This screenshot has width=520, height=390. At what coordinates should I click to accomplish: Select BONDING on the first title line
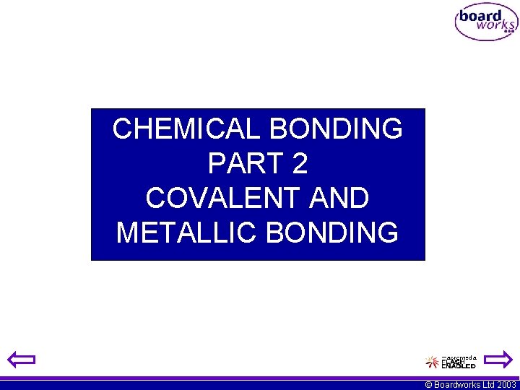point(336,129)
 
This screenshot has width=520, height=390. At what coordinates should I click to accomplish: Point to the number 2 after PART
point(300,164)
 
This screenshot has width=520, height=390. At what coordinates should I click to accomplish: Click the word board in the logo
point(480,15)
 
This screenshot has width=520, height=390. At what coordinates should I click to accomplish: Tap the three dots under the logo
point(508,32)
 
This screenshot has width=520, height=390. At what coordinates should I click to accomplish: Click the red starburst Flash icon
point(432,361)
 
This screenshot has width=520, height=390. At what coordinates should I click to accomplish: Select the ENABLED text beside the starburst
point(459,365)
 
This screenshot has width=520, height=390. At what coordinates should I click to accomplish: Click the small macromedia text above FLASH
point(459,357)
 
